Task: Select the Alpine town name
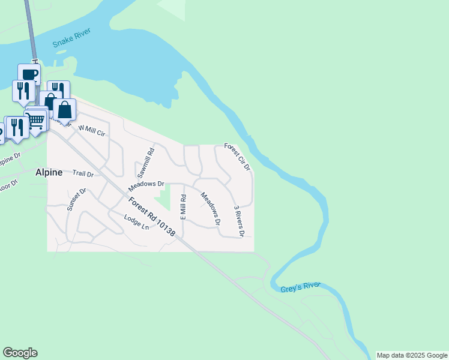tap(49, 172)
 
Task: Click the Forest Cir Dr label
tap(237, 156)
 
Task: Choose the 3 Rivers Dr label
tap(238, 220)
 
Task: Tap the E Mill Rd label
tap(183, 206)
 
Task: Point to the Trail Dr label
tap(83, 173)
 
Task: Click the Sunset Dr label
tap(77, 200)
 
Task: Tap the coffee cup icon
tap(29, 74)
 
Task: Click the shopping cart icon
tap(35, 120)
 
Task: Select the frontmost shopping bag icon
tap(64, 110)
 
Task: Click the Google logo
tap(20, 353)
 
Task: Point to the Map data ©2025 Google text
tap(412, 355)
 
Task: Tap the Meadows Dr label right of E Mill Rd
tap(210, 208)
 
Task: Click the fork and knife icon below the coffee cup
tap(23, 91)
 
